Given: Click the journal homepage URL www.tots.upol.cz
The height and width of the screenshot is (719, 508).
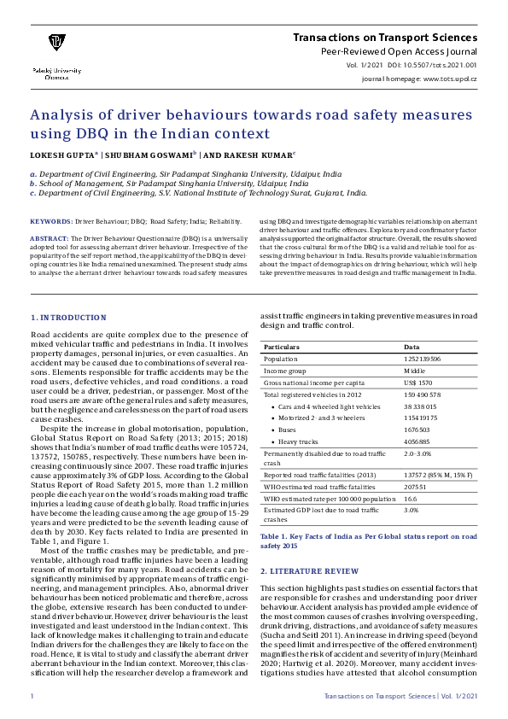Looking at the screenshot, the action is tap(450, 78).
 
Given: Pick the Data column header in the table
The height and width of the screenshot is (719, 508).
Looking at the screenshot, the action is tap(412, 348).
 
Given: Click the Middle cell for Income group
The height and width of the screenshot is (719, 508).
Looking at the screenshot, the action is tap(415, 372).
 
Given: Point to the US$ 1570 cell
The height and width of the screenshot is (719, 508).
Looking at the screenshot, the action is tap(418, 383).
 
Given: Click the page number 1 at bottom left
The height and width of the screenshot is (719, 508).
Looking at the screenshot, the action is tap(32, 698).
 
